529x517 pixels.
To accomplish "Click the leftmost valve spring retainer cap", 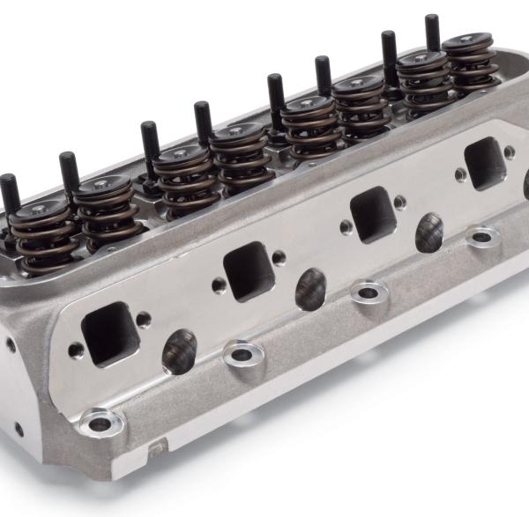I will [40, 210].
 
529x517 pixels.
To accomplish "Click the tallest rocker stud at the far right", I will [432, 33].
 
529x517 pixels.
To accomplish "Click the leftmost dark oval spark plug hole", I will [179, 351].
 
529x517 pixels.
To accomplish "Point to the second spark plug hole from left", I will [310, 288].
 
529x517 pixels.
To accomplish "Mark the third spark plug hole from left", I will [429, 232].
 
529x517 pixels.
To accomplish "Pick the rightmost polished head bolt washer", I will [482, 236].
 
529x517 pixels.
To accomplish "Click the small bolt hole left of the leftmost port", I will [77, 351].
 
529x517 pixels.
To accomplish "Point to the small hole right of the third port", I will [401, 202].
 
